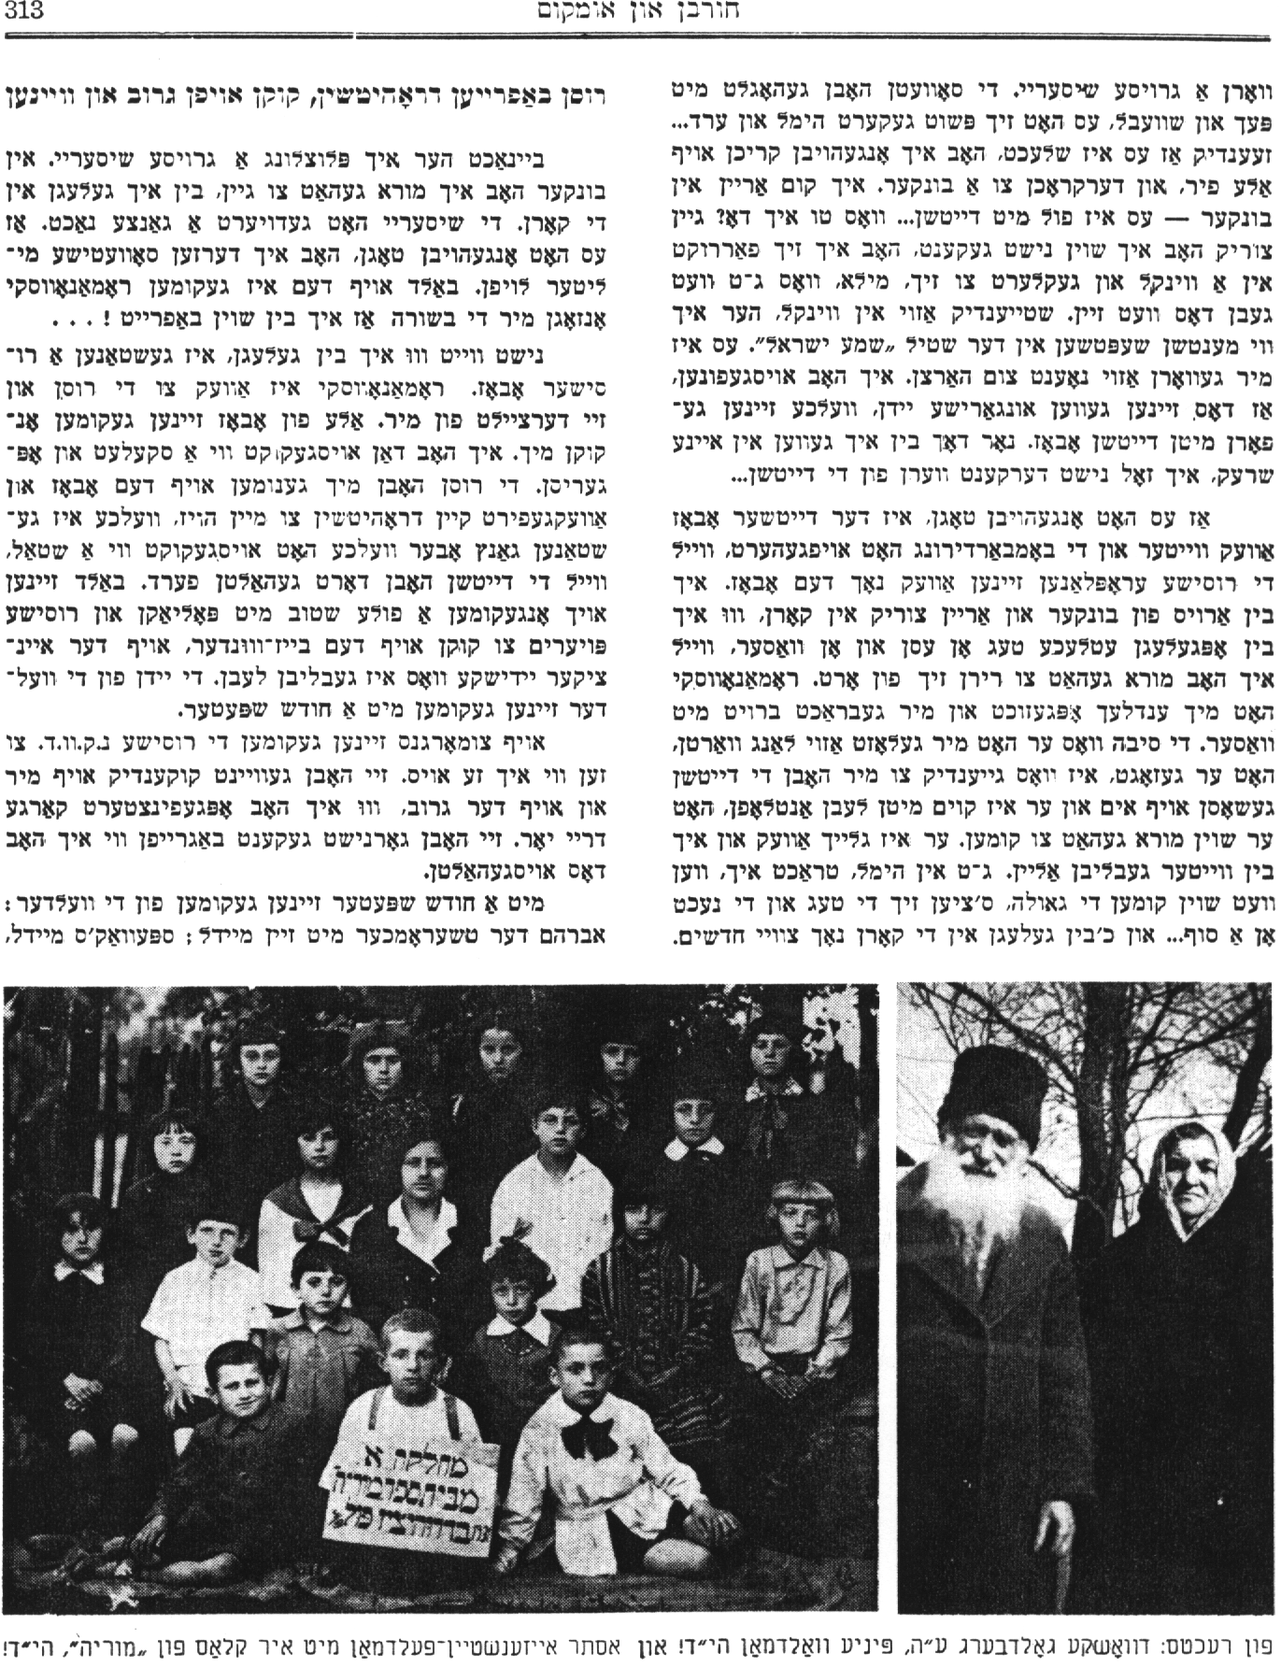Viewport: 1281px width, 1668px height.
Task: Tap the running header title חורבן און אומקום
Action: click(x=639, y=13)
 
